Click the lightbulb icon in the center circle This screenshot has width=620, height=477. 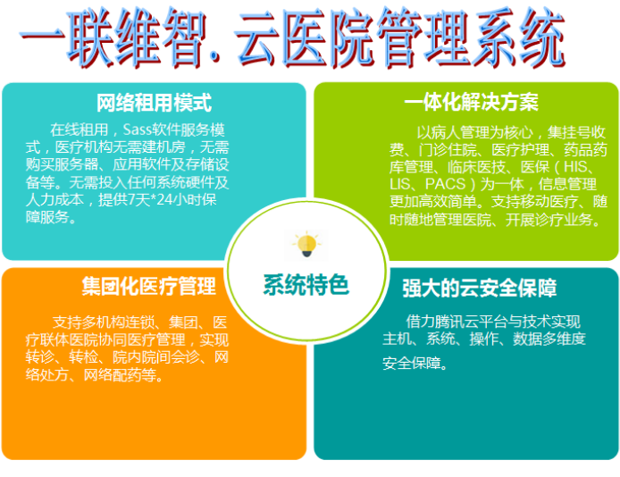click(x=306, y=245)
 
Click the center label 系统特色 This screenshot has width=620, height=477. click(x=306, y=285)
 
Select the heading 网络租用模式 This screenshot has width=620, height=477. click(x=155, y=103)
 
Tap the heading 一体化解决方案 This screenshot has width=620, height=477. click(x=471, y=103)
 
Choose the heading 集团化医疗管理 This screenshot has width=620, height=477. click(x=148, y=286)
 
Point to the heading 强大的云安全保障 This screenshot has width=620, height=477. click(x=479, y=288)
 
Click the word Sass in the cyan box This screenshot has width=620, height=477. click(x=138, y=130)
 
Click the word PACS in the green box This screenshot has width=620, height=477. click(x=445, y=184)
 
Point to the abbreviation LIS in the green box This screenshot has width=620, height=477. click(x=399, y=184)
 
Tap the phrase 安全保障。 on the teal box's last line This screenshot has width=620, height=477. click(x=415, y=364)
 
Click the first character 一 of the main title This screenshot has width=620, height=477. click(x=42, y=38)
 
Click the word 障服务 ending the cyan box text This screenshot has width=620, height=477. click(x=47, y=217)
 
